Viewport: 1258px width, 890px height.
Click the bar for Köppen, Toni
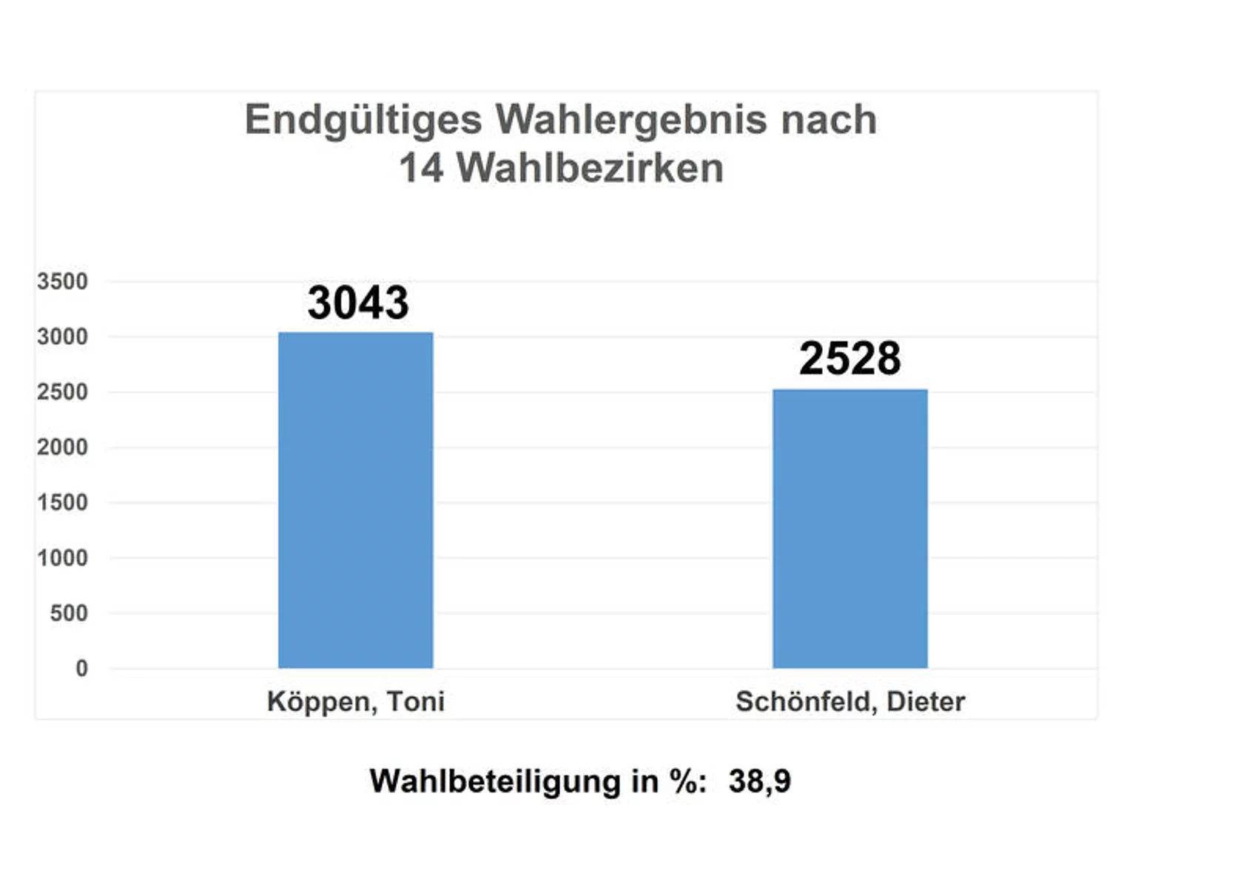[x=355, y=500]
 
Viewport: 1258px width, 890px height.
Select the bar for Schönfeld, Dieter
[x=850, y=528]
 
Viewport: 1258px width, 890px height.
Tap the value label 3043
[x=358, y=303]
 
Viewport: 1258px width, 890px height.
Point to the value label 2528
[x=850, y=359]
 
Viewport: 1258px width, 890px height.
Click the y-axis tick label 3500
[x=62, y=282]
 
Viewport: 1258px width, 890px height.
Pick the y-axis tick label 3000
[x=62, y=337]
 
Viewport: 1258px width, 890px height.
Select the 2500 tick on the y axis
[x=62, y=392]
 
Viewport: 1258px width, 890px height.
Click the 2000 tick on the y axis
[x=62, y=448]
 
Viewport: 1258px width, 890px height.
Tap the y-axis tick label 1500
[x=62, y=503]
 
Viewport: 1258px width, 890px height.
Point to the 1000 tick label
[x=62, y=559]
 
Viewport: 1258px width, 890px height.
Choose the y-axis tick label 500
[x=68, y=613]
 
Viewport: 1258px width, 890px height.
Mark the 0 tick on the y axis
[x=81, y=669]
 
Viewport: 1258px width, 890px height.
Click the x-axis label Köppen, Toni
[x=355, y=702]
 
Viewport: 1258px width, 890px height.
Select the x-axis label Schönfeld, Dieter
[x=850, y=702]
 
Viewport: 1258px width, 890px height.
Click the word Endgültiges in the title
[x=363, y=121]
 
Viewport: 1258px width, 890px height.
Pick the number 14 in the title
[x=421, y=168]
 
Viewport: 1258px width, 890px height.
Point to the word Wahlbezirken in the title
[x=590, y=168]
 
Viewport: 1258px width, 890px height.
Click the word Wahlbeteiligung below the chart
[x=495, y=782]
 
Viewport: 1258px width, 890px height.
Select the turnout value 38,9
[x=759, y=782]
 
